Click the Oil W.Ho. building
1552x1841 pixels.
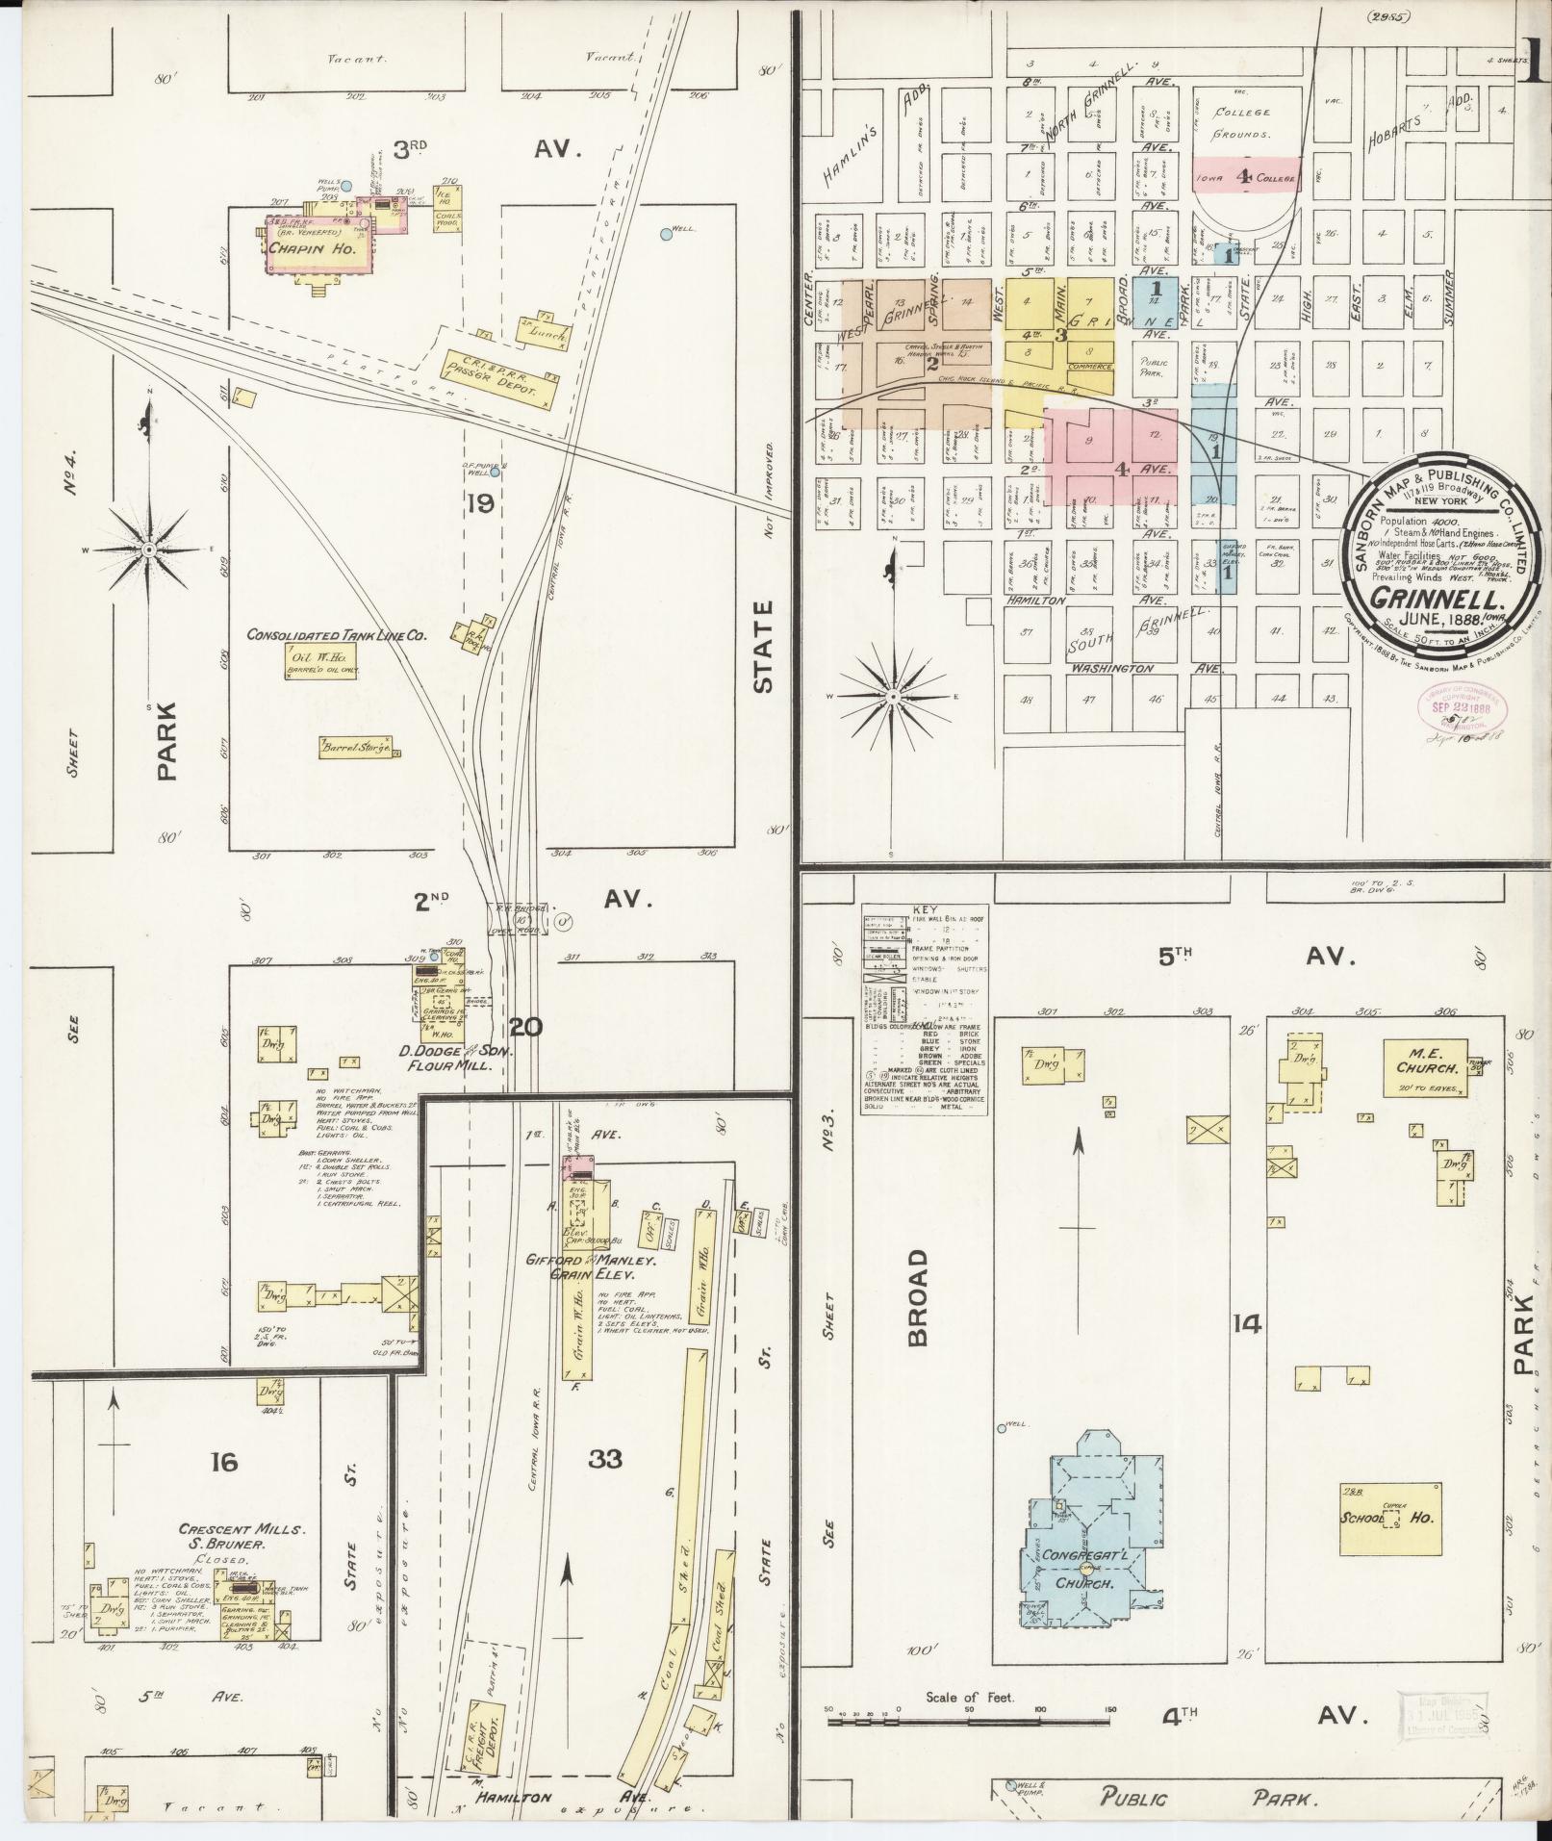pos(320,659)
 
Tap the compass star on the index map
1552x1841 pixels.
pos(893,695)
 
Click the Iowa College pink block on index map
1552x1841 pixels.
pos(1247,176)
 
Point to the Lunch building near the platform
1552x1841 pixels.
pos(545,333)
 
